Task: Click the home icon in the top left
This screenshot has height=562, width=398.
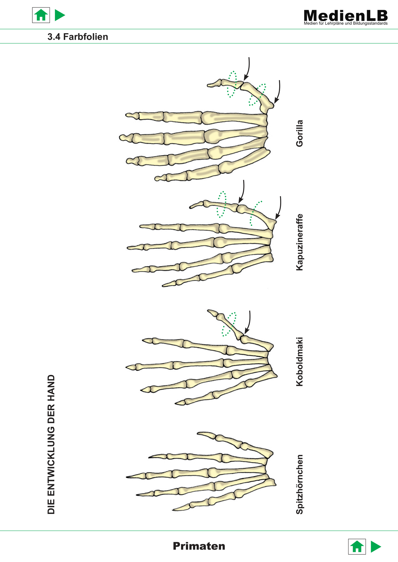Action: click(41, 15)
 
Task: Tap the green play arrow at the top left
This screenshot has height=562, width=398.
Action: click(60, 15)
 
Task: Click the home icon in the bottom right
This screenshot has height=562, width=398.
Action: click(357, 547)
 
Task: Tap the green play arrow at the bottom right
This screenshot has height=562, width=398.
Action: click(376, 547)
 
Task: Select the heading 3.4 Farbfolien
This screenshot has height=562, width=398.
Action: click(78, 37)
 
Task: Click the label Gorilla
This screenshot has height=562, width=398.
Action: click(299, 133)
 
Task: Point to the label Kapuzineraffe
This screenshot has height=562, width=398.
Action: click(299, 242)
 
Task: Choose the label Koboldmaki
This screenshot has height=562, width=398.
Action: click(299, 362)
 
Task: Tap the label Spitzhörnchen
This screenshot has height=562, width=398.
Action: click(299, 484)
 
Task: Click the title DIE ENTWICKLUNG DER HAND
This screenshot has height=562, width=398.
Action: click(51, 444)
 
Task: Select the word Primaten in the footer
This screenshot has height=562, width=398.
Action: click(199, 546)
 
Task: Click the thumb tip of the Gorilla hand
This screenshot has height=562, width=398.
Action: click(208, 85)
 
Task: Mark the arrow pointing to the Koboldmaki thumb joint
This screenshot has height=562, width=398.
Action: click(248, 322)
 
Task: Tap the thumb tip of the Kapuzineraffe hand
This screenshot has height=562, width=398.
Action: click(191, 207)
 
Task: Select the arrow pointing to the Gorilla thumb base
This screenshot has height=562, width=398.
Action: click(278, 92)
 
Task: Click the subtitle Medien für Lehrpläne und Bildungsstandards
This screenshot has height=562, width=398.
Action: click(346, 23)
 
